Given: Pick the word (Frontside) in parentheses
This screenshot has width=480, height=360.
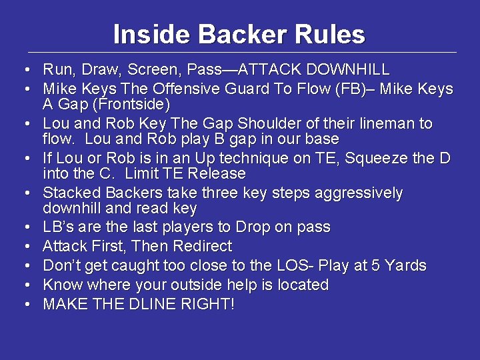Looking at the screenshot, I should tap(134, 105).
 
